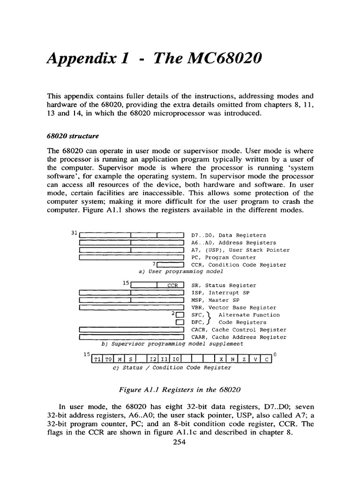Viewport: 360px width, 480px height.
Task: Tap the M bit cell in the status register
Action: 119,360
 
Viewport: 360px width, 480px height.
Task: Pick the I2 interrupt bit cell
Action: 153,360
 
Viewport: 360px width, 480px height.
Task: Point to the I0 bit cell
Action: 175,360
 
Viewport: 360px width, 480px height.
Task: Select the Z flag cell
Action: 244,360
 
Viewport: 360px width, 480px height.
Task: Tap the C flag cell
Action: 266,360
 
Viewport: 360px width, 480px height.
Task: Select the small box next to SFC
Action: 179,315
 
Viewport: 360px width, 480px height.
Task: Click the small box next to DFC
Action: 179,322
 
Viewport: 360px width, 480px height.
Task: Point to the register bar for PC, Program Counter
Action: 131,257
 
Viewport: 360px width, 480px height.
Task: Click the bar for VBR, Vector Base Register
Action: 131,307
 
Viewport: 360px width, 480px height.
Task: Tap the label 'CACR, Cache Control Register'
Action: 239,330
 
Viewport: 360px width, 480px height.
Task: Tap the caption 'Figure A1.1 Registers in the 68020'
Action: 180,389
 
